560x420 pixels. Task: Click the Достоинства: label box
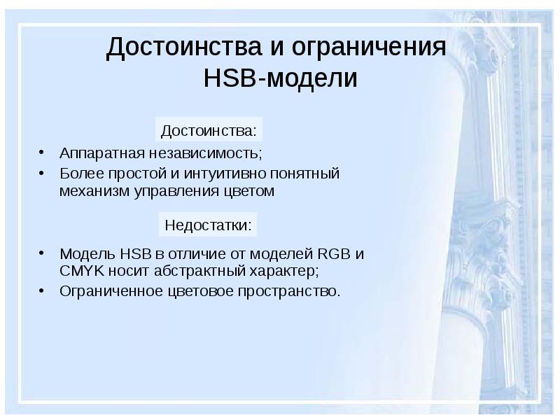(x=209, y=131)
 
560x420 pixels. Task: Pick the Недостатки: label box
(x=208, y=225)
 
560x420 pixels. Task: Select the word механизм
(x=90, y=190)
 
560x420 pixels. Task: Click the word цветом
(x=249, y=190)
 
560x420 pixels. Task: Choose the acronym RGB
(x=332, y=253)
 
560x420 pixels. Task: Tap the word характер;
(x=283, y=271)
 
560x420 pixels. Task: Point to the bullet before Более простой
(x=43, y=171)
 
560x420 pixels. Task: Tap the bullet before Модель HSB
(x=43, y=252)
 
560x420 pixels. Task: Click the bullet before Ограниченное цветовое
(x=43, y=288)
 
